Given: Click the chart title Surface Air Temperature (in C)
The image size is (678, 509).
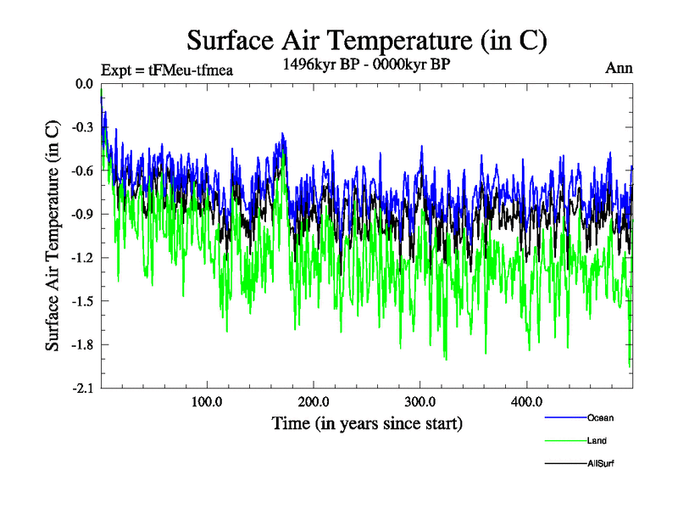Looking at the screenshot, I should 366,41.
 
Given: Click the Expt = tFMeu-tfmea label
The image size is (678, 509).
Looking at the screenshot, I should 166,70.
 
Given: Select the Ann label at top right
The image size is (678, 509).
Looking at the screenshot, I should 620,68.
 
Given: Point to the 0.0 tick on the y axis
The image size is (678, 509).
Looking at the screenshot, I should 83,84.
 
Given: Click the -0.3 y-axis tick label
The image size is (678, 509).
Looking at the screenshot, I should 81,127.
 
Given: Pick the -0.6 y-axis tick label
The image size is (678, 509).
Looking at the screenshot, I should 81,171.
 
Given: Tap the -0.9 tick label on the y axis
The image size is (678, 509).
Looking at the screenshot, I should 81,214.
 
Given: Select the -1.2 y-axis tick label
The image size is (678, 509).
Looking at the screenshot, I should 81,257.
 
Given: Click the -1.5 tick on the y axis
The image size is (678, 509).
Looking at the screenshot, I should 81,301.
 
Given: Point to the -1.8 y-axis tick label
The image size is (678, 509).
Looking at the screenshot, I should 81,344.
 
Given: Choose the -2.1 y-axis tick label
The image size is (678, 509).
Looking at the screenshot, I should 81,388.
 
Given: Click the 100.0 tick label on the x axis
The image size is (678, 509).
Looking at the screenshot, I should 208,401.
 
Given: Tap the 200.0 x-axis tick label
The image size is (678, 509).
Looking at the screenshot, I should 314,401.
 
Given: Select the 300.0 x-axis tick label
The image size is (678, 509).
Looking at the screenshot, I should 420,401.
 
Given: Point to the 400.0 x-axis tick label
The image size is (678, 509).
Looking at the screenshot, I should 526,401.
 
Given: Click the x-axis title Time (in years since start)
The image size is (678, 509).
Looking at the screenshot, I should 367,422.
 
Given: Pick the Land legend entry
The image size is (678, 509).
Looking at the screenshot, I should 597,441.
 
